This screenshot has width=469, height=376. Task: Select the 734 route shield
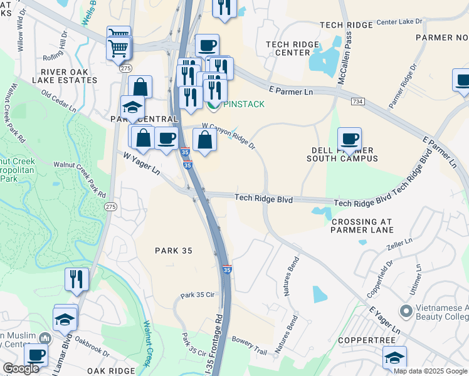pyautogui.click(x=357, y=101)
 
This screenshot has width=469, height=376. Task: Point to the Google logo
pyautogui.click(x=21, y=369)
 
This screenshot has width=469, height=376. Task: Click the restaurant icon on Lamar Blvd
pyautogui.click(x=76, y=279)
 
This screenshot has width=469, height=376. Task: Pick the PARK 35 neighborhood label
pyautogui.click(x=173, y=251)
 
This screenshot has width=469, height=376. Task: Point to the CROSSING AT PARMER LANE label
pyautogui.click(x=362, y=226)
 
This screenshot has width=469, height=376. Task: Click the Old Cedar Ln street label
pyautogui.click(x=58, y=101)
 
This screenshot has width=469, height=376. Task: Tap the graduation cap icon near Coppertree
pyautogui.click(x=394, y=358)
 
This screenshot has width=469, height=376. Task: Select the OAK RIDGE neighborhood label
pyautogui.click(x=111, y=371)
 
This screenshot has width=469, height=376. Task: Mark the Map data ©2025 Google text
pyautogui.click(x=430, y=371)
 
